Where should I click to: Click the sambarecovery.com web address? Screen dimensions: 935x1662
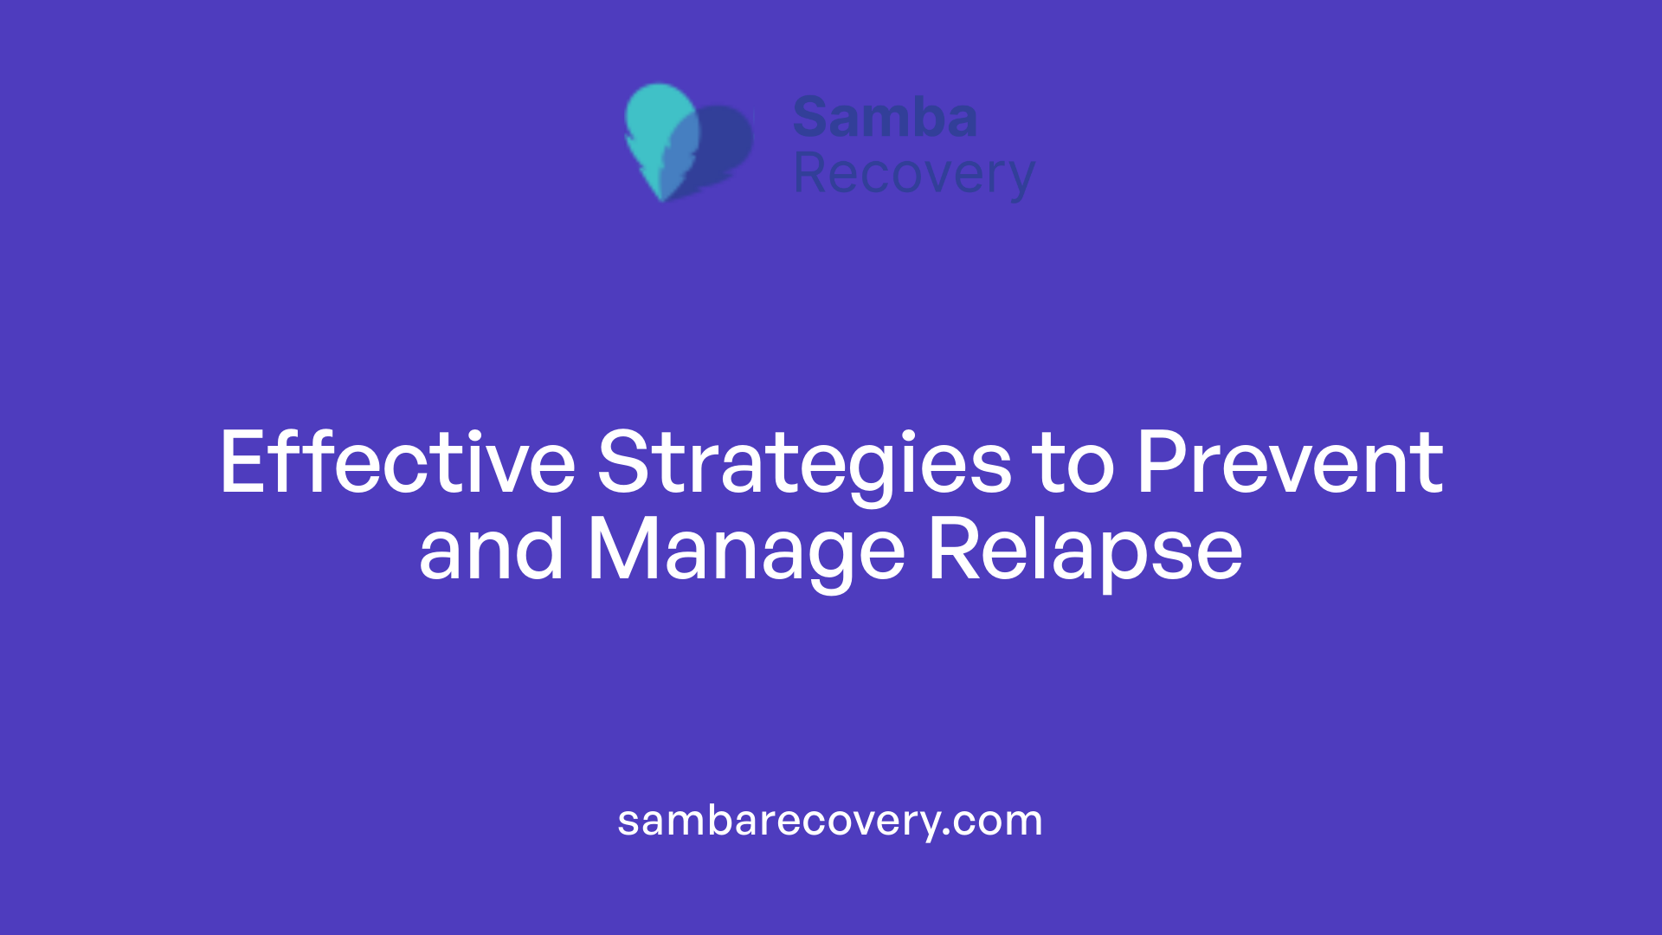coord(830,821)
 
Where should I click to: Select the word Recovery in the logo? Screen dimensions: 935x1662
coord(913,174)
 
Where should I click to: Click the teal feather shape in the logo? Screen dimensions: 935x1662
coord(660,121)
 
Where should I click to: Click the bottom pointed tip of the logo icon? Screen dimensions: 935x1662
coord(662,198)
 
